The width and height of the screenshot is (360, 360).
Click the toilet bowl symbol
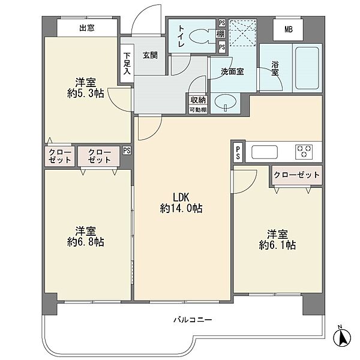(200, 36)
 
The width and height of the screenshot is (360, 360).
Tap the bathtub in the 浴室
(307, 68)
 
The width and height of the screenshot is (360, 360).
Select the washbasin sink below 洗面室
(225, 103)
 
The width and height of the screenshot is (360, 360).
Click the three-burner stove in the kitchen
(304, 152)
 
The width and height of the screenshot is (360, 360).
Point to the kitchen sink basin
(264, 152)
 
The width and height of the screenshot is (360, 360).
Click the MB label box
(288, 29)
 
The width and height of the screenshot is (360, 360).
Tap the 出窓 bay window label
(87, 28)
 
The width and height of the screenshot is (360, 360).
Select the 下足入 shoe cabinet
(127, 64)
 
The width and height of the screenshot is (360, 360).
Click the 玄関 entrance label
(150, 55)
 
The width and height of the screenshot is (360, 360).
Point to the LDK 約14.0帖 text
(181, 203)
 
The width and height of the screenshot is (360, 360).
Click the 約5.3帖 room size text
(85, 94)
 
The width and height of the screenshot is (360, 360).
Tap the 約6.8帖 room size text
(85, 242)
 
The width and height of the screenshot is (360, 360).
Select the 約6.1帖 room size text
(277, 245)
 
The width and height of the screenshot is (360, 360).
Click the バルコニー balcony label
(193, 320)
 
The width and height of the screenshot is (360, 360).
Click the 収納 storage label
(198, 100)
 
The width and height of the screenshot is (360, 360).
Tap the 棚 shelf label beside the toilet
(221, 34)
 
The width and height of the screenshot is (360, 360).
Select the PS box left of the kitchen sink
(238, 152)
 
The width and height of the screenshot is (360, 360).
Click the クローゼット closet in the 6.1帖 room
(296, 175)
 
